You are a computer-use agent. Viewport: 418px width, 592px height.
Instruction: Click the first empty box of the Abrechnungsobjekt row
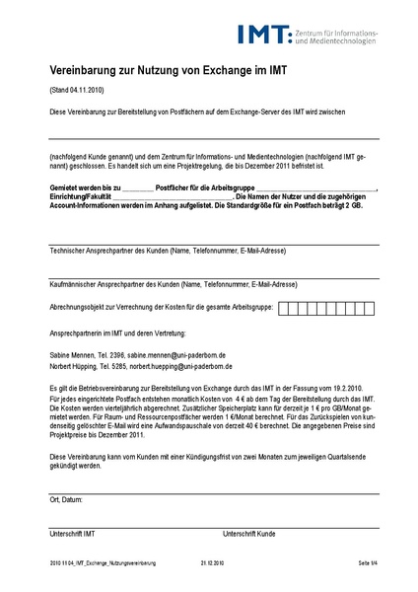pos(285,307)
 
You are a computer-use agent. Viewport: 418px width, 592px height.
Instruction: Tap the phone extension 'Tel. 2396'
pos(107,353)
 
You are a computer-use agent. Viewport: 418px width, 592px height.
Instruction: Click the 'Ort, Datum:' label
pos(66,500)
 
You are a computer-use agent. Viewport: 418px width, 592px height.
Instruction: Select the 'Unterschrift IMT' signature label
pos(73,534)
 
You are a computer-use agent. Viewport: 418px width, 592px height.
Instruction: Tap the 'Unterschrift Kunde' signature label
pos(249,534)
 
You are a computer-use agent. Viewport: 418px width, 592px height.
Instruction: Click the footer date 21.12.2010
pos(213,562)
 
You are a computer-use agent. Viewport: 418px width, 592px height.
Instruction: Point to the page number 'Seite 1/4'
pos(368,562)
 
